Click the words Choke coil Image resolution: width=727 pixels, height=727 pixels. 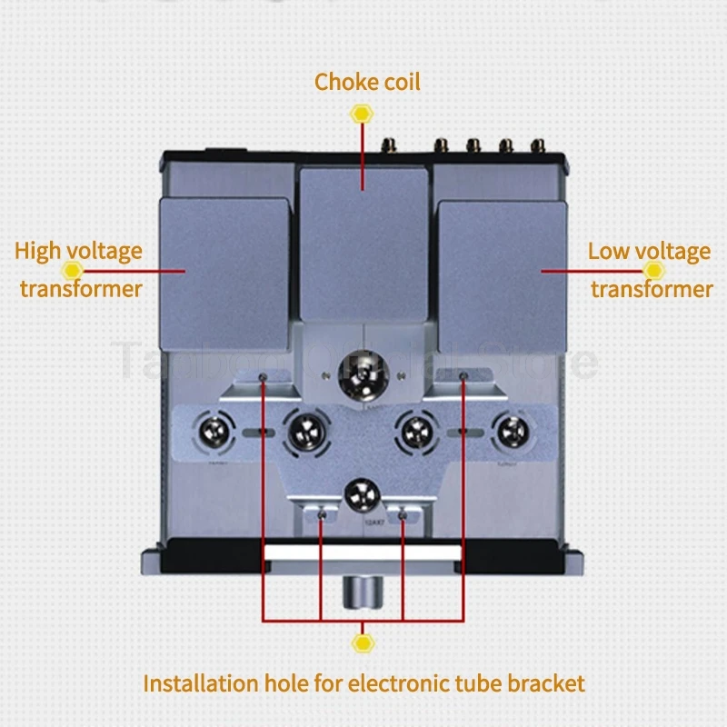pyautogui.click(x=367, y=83)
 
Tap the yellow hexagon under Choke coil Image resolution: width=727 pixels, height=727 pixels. pyautogui.click(x=363, y=115)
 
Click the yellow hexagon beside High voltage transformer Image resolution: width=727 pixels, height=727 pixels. pyautogui.click(x=75, y=271)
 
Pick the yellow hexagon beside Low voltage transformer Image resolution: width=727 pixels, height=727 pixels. pyautogui.click(x=652, y=270)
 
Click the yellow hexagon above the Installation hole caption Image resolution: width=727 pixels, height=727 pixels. pyautogui.click(x=363, y=643)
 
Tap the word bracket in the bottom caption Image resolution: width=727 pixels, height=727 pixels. pyautogui.click(x=546, y=683)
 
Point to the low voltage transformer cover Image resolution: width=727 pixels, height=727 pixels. pyautogui.click(x=503, y=273)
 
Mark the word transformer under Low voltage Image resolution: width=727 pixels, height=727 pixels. pyautogui.click(x=652, y=289)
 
